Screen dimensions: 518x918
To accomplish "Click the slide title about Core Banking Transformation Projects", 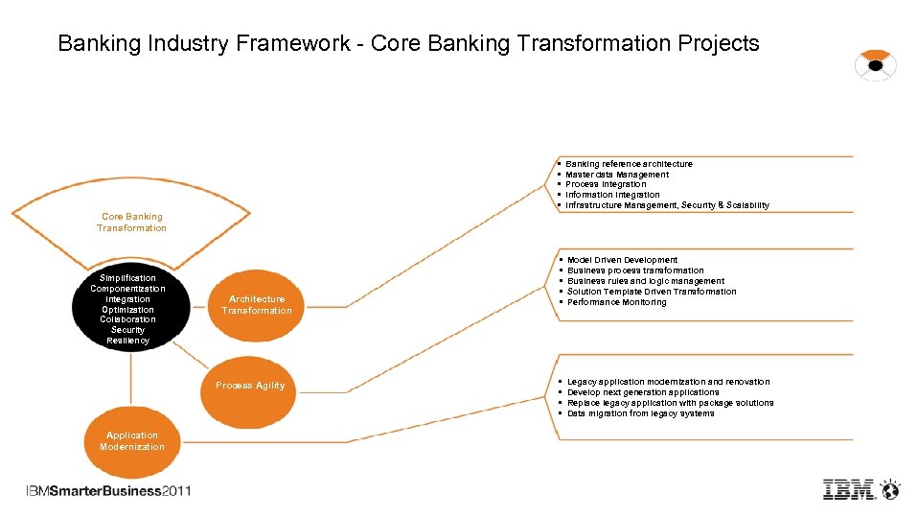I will (x=408, y=43).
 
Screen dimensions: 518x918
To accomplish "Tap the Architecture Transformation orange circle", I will (x=257, y=305).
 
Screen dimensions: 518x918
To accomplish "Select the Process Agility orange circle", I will (x=250, y=386).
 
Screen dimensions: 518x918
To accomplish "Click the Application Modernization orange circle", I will (x=132, y=442).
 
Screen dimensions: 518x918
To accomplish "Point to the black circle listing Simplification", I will (x=127, y=309).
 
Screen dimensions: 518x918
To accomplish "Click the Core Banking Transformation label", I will (x=131, y=223).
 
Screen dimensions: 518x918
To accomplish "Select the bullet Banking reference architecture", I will (x=629, y=164).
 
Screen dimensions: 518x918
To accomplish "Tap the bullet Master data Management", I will (x=617, y=175).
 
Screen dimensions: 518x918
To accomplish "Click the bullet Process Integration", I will (x=606, y=184).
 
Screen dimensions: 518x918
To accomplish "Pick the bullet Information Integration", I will (x=612, y=195).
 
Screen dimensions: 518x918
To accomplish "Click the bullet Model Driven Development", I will (x=622, y=260).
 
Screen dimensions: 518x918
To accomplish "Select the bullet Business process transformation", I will (x=635, y=271).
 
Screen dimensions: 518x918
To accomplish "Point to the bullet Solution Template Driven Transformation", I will (x=652, y=292).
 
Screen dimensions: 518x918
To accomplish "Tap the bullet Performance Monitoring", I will (x=616, y=302).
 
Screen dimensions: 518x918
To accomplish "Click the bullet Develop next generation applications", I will (x=643, y=392).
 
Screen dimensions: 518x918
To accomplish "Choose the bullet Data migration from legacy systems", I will (x=640, y=413).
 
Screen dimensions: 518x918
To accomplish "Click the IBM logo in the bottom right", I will (x=849, y=489).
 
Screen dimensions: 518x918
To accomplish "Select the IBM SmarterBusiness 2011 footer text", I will (x=108, y=491).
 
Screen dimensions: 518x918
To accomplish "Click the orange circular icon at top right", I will (x=875, y=65).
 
